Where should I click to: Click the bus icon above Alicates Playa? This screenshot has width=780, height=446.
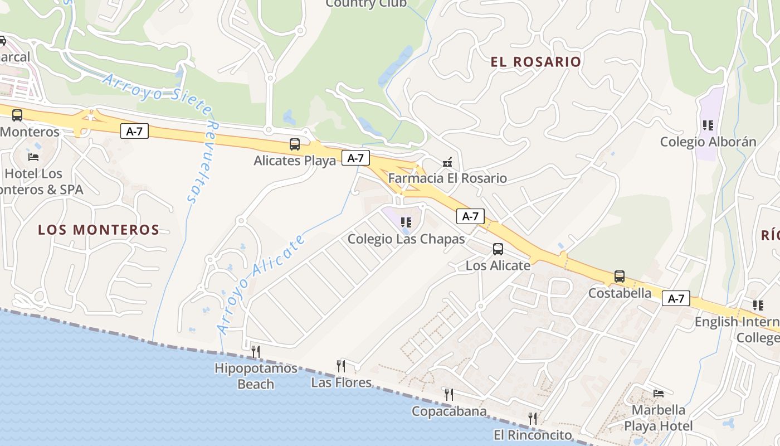(295, 144)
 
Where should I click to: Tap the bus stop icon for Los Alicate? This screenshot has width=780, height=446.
(498, 249)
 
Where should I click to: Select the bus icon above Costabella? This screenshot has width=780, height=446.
(620, 276)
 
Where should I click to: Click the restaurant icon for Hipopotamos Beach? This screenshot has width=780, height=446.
(255, 351)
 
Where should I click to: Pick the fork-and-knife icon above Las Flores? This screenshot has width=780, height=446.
(340, 366)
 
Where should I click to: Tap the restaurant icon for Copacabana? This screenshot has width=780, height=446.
(448, 395)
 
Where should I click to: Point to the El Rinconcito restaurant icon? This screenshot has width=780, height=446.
(533, 418)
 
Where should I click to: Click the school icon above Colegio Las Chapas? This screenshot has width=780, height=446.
(406, 222)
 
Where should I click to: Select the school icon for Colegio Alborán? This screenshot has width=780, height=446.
(708, 125)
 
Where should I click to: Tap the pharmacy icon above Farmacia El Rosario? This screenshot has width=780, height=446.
(447, 162)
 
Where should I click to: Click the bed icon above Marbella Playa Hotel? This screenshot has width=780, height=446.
(659, 394)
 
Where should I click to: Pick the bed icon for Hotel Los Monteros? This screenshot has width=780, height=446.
(33, 157)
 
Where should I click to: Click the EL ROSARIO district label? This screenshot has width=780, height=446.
(536, 61)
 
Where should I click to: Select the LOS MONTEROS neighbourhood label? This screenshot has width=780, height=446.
(99, 230)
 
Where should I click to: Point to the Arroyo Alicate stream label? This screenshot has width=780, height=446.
(262, 284)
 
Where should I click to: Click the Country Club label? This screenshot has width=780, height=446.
(366, 3)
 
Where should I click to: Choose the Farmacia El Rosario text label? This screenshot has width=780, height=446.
(447, 178)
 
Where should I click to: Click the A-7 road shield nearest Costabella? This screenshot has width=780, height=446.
(676, 298)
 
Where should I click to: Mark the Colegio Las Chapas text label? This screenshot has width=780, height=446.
(406, 239)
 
